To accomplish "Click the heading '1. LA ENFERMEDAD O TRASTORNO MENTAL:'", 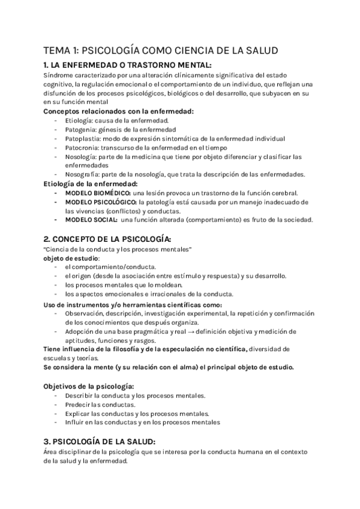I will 128,65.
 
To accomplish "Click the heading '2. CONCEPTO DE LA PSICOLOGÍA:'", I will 107,239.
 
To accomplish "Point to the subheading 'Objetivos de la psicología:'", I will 88,386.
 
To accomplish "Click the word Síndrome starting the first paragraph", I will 58,76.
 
